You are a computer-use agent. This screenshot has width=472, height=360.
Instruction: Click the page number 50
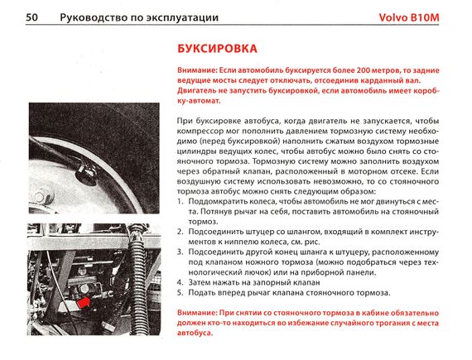pyautogui.click(x=31, y=17)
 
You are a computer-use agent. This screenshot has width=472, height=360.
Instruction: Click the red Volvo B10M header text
pyautogui.click(x=409, y=17)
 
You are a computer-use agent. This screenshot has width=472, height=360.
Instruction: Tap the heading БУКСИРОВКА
pyautogui.click(x=217, y=49)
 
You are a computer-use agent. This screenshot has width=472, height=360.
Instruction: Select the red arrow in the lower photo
pyautogui.click(x=84, y=301)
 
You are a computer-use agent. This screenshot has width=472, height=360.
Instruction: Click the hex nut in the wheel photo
pyautogui.click(x=44, y=195)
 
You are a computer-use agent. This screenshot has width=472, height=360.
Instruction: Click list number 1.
pyautogui.click(x=180, y=201)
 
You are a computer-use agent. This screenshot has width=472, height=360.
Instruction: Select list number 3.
pyautogui.click(x=180, y=252)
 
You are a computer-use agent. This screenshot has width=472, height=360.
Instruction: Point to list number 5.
pyautogui.click(x=180, y=293)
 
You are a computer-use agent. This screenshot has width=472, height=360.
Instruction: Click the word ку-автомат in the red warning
pyautogui.click(x=199, y=101)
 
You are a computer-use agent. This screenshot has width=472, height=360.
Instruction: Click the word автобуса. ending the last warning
pyautogui.click(x=195, y=334)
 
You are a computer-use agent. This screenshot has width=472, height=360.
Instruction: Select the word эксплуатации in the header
pyautogui.click(x=183, y=17)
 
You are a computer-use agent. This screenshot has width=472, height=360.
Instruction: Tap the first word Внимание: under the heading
pyautogui.click(x=197, y=70)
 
